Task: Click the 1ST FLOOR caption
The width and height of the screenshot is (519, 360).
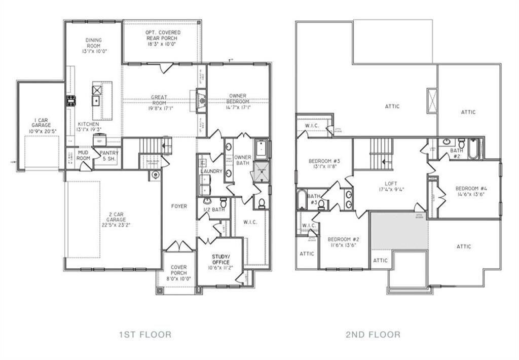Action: click(x=145, y=334)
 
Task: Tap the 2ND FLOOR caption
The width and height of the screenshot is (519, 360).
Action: click(x=373, y=334)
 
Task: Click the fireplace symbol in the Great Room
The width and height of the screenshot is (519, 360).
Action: click(x=201, y=100)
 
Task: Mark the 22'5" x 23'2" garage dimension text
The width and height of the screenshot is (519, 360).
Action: click(x=116, y=225)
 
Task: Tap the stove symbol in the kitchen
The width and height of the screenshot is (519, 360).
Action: click(x=70, y=100)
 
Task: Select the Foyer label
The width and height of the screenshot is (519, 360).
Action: click(x=179, y=206)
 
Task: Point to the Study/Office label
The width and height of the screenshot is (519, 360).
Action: click(x=220, y=259)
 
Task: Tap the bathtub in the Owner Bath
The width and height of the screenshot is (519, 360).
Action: click(x=261, y=150)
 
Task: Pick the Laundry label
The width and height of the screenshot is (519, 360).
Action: click(x=211, y=171)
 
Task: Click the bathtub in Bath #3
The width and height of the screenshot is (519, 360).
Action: click(x=302, y=199)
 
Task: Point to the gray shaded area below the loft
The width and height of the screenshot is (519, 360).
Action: click(x=399, y=231)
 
